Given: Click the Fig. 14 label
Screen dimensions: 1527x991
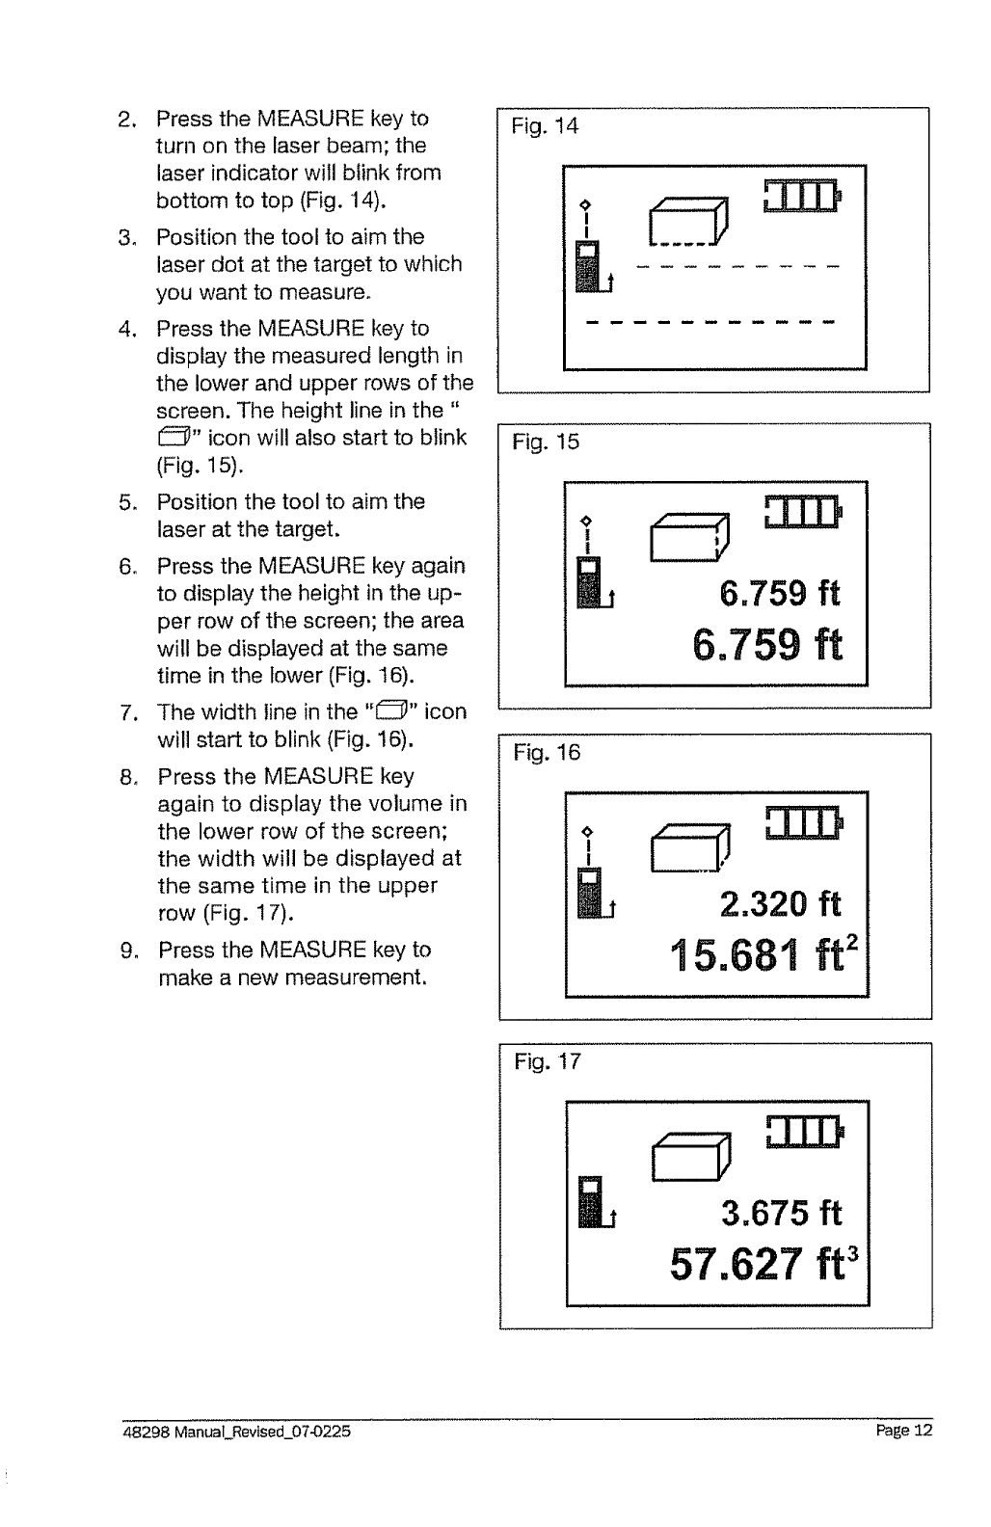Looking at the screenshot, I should click(x=545, y=126).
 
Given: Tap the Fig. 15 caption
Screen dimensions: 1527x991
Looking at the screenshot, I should click(x=546, y=442).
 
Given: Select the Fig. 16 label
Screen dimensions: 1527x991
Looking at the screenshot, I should click(x=547, y=753).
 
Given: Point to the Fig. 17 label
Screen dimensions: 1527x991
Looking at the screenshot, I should click(x=547, y=1062).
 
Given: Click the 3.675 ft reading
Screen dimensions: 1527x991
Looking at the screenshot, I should click(x=781, y=1213).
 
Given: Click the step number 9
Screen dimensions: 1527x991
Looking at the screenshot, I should click(x=127, y=951).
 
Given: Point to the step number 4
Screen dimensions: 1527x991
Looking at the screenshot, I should click(x=125, y=329).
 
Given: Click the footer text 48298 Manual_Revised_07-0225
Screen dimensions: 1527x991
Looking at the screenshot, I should click(x=236, y=1432).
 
